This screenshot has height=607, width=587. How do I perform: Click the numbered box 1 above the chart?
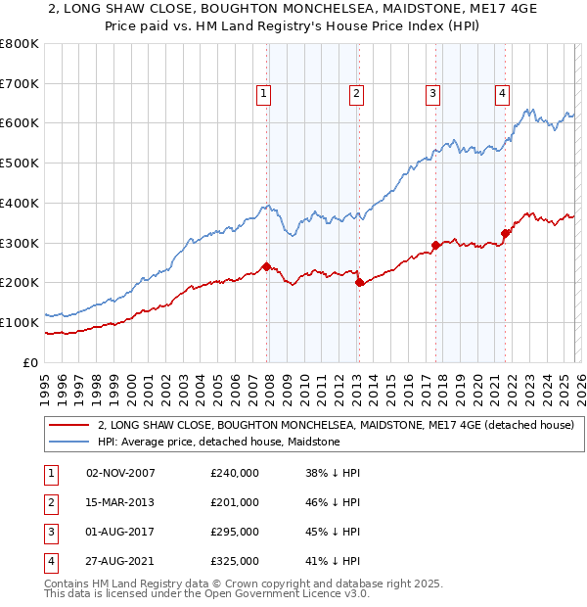[x=264, y=94]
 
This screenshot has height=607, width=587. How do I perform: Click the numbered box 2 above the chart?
[x=356, y=94]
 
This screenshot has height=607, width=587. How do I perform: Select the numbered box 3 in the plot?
[x=432, y=94]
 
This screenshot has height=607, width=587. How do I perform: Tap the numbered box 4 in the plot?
[x=502, y=94]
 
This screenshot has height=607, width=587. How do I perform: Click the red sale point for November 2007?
[x=266, y=265]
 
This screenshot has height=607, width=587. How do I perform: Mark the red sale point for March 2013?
[x=359, y=282]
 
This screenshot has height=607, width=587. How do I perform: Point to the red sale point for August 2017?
[x=435, y=245]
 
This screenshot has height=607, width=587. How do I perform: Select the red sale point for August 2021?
[x=506, y=233]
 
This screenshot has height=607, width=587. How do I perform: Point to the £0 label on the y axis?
[x=30, y=362]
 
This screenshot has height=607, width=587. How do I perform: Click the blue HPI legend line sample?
[x=69, y=442]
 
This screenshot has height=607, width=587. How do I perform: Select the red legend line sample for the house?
[x=69, y=425]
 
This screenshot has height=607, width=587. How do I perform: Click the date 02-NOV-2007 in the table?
[x=120, y=473]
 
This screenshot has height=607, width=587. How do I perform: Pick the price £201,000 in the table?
[x=235, y=502]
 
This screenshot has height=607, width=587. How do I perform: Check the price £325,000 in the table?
[x=235, y=561]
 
